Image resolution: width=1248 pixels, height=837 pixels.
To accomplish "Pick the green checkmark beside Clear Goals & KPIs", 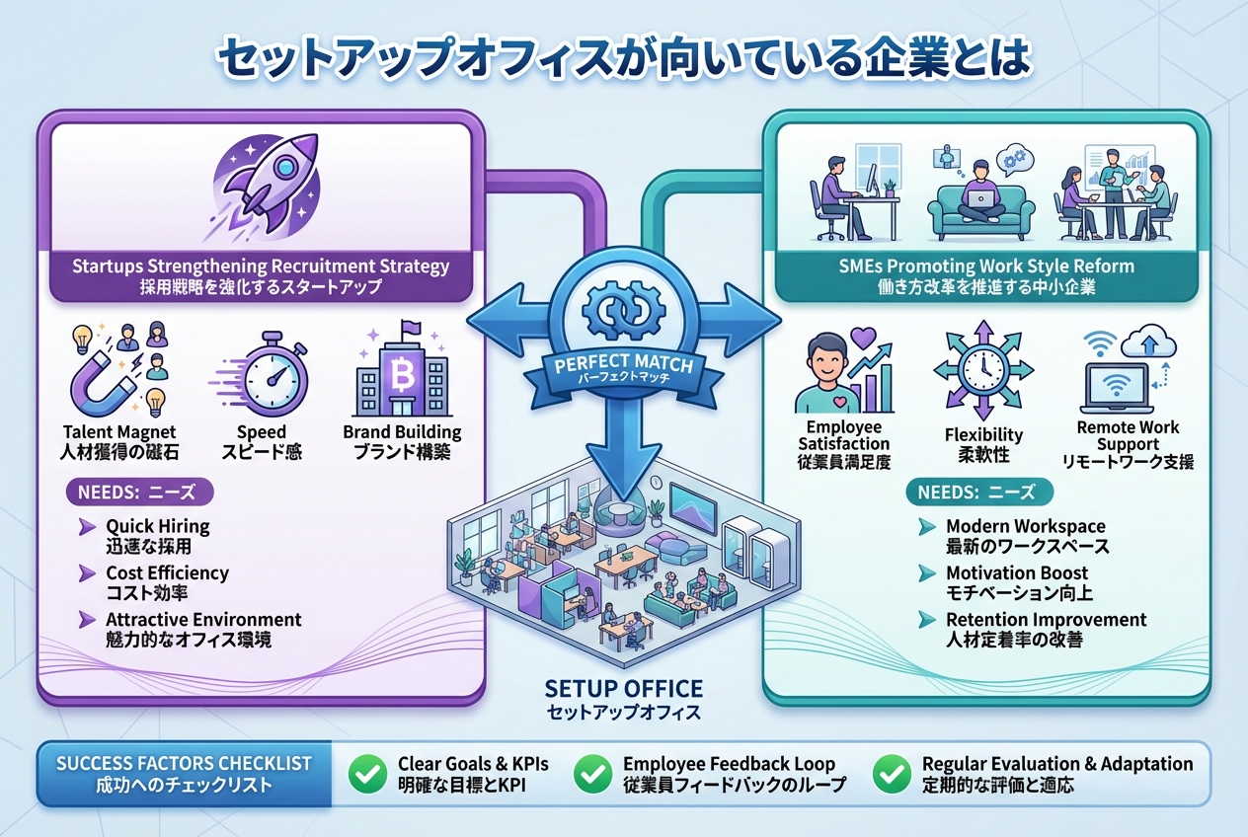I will click(368, 775).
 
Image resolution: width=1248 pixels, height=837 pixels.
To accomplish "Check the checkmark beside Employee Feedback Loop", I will click(593, 775).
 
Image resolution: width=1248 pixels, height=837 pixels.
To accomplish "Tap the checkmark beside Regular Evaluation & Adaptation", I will click(893, 775).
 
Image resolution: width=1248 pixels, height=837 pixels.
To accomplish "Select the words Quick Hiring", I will click(158, 527).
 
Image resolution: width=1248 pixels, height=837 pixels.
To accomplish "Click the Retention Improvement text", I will click(1046, 620).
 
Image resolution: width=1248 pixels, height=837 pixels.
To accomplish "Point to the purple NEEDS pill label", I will click(137, 492).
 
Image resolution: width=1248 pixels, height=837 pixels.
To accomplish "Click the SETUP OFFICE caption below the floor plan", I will click(623, 689).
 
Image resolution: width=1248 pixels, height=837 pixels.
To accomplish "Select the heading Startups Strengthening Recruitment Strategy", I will click(261, 266).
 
